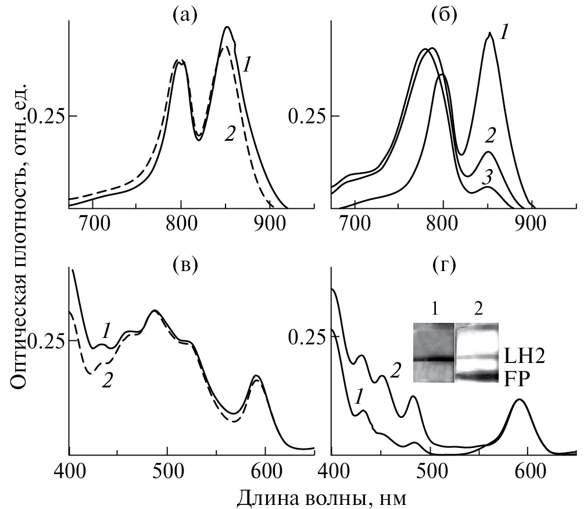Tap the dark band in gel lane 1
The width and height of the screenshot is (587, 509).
point(433,359)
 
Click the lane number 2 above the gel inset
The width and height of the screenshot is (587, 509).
point(477,308)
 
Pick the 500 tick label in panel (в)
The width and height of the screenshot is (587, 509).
point(167,469)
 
